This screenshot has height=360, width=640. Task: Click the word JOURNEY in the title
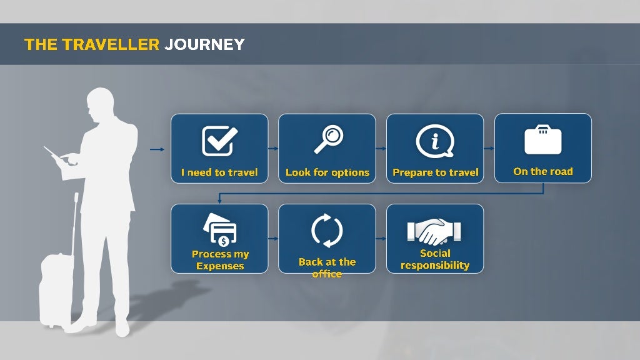point(204,44)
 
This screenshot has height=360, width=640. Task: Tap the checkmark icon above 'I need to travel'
point(219,141)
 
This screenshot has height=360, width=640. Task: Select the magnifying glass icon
point(329,139)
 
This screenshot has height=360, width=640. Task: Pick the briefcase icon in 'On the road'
point(542,140)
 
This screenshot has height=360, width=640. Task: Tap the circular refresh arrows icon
point(327,231)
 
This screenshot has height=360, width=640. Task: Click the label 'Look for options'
point(327,172)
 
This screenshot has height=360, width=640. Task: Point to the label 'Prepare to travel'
point(436,172)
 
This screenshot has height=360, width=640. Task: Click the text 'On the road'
point(542,171)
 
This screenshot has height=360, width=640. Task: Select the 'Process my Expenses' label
point(220,260)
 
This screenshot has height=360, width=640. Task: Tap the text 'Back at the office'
point(327,267)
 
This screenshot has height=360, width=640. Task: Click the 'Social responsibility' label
point(435,259)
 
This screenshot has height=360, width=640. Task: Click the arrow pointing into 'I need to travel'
point(157,149)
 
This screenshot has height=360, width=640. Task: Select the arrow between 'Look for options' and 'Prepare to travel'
point(381,149)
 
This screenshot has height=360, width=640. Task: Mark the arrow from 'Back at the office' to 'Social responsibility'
point(381,239)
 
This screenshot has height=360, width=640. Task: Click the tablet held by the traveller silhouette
point(55,156)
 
